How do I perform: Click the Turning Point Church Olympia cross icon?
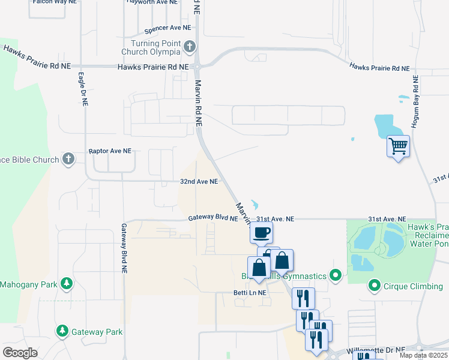189,46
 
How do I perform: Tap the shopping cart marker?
399,146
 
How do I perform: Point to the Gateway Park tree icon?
62,331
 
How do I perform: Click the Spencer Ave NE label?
167,28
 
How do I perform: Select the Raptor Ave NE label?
110,152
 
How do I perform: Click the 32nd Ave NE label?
199,181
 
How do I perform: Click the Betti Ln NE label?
250,293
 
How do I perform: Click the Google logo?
20,353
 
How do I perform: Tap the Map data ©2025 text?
423,355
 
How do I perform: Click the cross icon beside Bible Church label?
68,160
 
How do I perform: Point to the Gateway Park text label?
97,332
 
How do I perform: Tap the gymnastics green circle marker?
336,276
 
